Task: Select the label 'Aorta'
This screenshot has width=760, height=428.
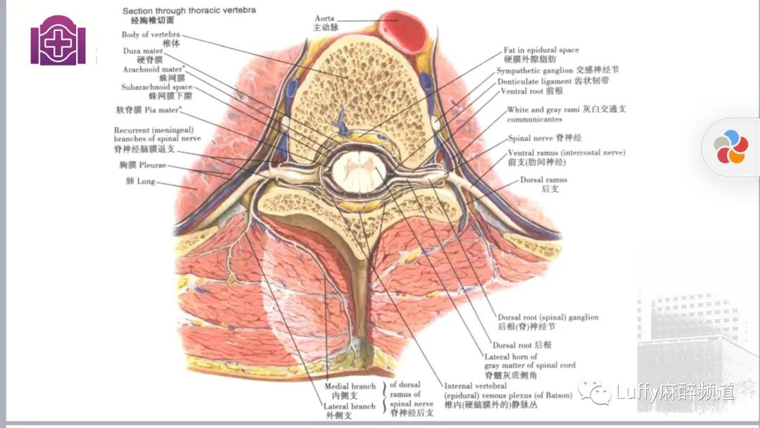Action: click(324, 18)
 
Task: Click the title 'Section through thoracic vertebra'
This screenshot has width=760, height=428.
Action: click(189, 11)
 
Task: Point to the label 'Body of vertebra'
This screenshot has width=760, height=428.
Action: click(151, 34)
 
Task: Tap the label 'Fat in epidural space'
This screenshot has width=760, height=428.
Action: click(541, 51)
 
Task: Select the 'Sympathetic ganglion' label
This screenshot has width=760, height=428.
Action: click(535, 71)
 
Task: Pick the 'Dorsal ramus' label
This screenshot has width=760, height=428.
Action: click(544, 180)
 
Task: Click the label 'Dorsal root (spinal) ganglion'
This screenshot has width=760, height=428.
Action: click(548, 317)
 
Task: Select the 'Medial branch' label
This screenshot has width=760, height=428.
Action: click(350, 386)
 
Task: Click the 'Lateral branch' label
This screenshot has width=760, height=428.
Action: click(349, 406)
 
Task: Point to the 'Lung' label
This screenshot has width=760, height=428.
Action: click(140, 181)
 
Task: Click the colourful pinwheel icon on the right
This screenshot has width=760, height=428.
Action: click(731, 147)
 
